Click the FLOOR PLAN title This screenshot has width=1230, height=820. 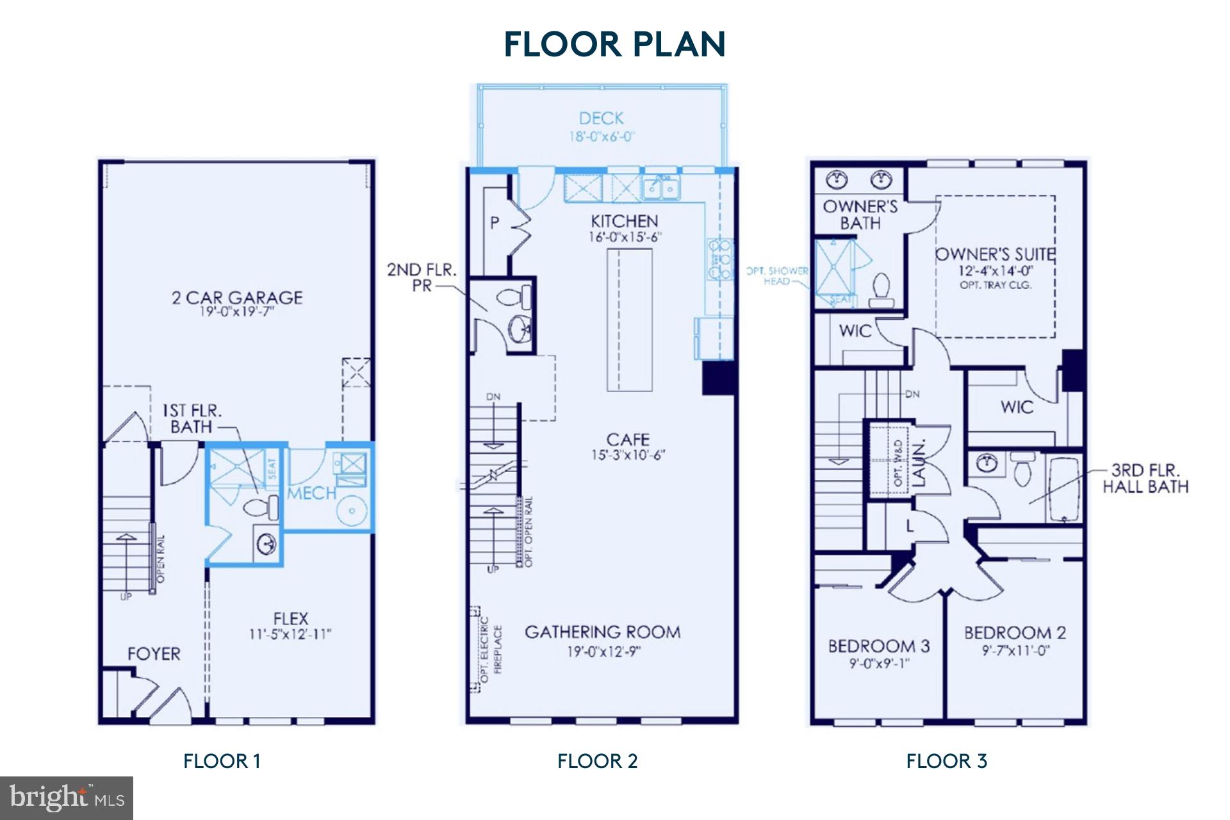pos(614,44)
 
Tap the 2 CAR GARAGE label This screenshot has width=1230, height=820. pos(237,298)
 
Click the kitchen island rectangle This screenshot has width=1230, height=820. pos(629,320)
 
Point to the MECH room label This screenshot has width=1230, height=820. pos(311,493)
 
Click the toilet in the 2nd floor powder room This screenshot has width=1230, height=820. pos(516,297)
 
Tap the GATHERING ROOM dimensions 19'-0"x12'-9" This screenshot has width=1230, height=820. pos(603,652)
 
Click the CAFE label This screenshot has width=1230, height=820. pos(628,440)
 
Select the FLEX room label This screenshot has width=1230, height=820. pos(291,619)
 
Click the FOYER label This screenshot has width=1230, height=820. pos(154,654)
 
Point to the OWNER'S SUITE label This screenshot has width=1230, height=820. pos(995,254)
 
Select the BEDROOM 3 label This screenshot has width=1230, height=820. pos(879,646)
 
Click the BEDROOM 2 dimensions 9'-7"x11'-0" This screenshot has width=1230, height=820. pos(1015,651)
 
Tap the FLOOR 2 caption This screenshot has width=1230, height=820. pos(597,761)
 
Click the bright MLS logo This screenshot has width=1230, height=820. pos(67,798)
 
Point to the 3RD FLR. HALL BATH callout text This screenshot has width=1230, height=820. pos(1145,479)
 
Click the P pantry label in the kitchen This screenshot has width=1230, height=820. pos(495,223)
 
